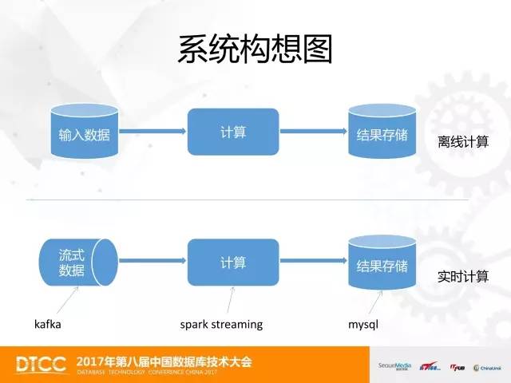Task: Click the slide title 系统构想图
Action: click(255, 49)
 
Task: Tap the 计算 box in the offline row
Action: click(233, 132)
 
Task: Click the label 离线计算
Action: click(463, 141)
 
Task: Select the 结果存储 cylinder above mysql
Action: click(382, 264)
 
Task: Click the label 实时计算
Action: click(463, 277)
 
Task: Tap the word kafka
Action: click(48, 325)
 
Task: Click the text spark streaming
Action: click(221, 325)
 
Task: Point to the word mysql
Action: click(362, 325)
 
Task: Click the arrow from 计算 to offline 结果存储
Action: click(314, 132)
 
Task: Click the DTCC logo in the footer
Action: click(42, 364)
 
